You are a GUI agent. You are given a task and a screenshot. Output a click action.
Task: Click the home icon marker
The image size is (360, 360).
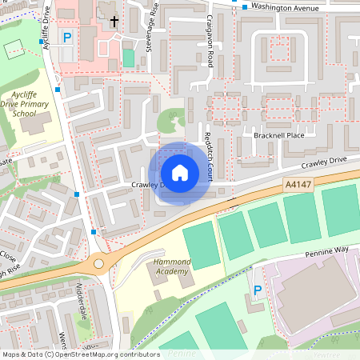coord(180,173)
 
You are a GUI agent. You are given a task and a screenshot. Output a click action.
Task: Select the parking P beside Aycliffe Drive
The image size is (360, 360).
coord(68,38)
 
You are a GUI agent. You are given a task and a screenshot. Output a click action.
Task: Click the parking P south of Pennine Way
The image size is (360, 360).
coord(257,291)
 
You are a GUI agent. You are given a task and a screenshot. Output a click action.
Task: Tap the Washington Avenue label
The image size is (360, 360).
coord(285,7)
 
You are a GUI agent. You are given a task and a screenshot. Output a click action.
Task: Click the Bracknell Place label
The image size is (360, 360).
coord(279,135)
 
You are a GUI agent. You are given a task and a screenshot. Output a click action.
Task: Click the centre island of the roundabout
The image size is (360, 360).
coord(99,262)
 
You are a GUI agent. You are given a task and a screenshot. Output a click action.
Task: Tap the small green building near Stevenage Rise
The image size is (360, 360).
coord(129,58)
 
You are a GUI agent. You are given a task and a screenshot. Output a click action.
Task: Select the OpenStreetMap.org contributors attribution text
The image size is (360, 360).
coord(103,354)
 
